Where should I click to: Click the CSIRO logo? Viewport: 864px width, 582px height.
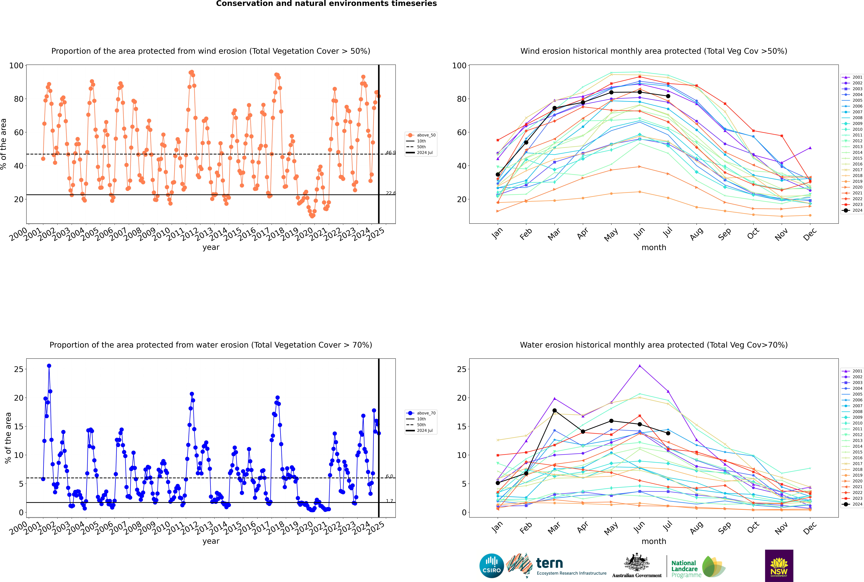pyautogui.click(x=491, y=566)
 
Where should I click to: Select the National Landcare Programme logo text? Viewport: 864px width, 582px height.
pyautogui.click(x=684, y=569)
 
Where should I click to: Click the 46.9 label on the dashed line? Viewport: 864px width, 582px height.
pyautogui.click(x=390, y=153)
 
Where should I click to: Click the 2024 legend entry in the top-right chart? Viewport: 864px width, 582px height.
pyautogui.click(x=852, y=210)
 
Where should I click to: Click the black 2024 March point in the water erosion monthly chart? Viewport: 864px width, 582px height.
pyautogui.click(x=555, y=410)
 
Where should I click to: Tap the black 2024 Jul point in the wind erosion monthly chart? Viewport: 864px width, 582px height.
pyautogui.click(x=668, y=96)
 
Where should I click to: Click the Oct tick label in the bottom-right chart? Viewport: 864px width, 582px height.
pyautogui.click(x=753, y=527)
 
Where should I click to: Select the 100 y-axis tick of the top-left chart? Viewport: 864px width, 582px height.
pyautogui.click(x=16, y=66)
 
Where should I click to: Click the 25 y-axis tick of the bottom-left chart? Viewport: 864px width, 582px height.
pyautogui.click(x=19, y=369)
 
